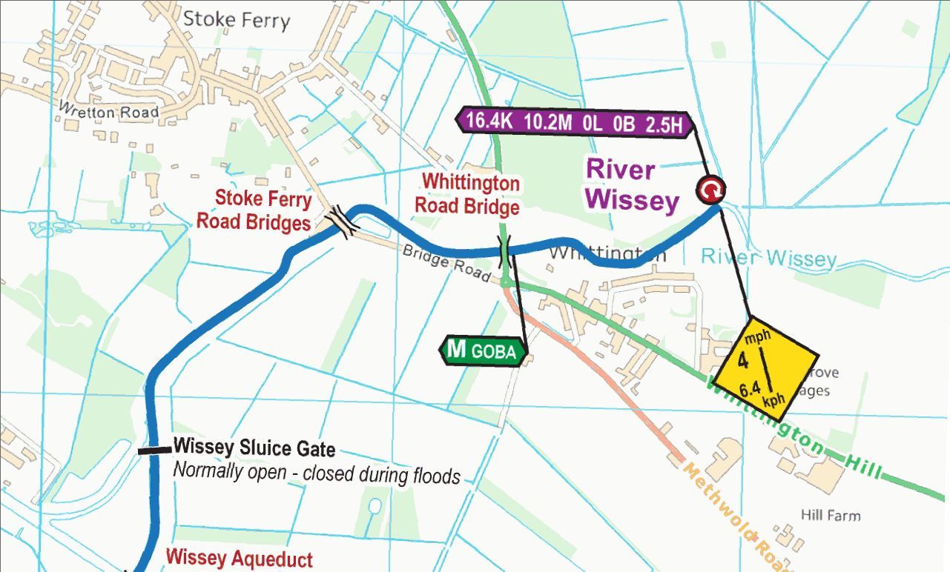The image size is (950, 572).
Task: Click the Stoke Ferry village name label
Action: click(x=236, y=19)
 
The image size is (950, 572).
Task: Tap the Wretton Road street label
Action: click(x=108, y=112)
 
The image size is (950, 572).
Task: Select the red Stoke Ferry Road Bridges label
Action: click(x=253, y=210)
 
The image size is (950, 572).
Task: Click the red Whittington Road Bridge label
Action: click(x=466, y=193)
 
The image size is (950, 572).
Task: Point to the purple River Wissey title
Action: click(x=632, y=184)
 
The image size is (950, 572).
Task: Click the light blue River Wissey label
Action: click(x=768, y=258)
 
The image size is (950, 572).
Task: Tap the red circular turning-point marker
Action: click(x=710, y=190)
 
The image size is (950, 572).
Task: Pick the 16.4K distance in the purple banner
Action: click(x=489, y=123)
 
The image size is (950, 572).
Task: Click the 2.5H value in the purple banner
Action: click(x=663, y=124)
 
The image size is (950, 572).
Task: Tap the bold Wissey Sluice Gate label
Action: click(x=254, y=448)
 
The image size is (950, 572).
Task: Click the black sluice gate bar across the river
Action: click(x=154, y=449)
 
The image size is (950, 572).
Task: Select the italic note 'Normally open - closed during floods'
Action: click(x=317, y=473)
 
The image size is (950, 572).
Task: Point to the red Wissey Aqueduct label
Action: click(x=239, y=558)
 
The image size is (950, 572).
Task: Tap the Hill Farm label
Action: click(x=831, y=515)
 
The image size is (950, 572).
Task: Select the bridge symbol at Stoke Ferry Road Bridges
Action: click(x=343, y=220)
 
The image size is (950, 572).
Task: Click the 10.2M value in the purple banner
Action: click(x=548, y=123)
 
